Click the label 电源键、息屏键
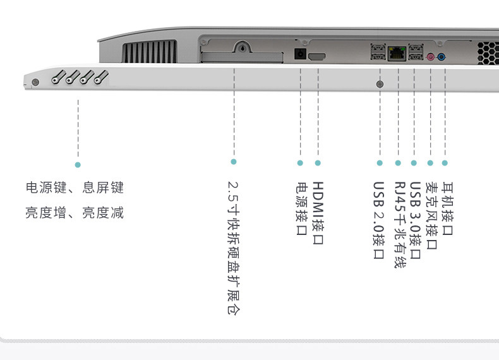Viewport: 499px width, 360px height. pos(75,188)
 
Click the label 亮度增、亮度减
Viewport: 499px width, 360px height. pos(75,213)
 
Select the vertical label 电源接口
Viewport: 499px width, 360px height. pos(301,208)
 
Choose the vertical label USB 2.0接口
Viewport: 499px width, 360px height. pos(379,220)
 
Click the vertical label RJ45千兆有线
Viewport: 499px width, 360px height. pos(399,225)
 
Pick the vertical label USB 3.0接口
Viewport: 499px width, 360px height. pos(415,220)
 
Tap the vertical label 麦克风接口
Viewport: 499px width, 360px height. pos(431,215)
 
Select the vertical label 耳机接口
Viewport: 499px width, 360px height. pos(447,208)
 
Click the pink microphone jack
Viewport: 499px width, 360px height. pos(431,57)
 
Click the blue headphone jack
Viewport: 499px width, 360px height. pos(441,57)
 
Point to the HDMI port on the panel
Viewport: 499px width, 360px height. pos(317,57)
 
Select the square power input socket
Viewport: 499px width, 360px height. pos(301,54)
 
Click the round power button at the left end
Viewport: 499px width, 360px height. pos(35,82)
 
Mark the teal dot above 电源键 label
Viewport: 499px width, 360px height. pos(78,164)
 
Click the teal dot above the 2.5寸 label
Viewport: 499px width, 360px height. pos(234,162)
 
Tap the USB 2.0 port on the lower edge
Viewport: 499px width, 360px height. pos(380,84)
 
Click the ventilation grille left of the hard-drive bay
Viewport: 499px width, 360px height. pos(148,51)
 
